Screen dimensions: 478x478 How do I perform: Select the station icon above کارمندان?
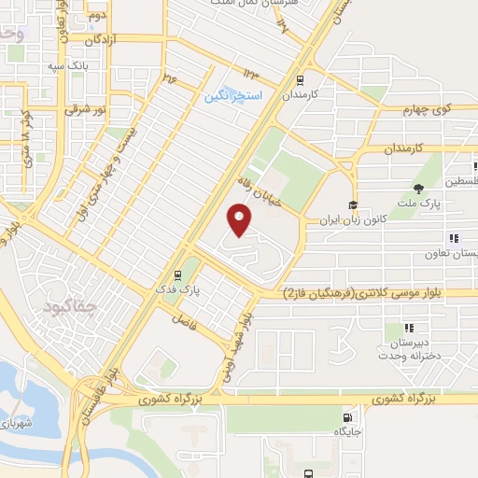(x=301, y=80)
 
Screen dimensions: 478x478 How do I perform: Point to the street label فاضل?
(x=182, y=319)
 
